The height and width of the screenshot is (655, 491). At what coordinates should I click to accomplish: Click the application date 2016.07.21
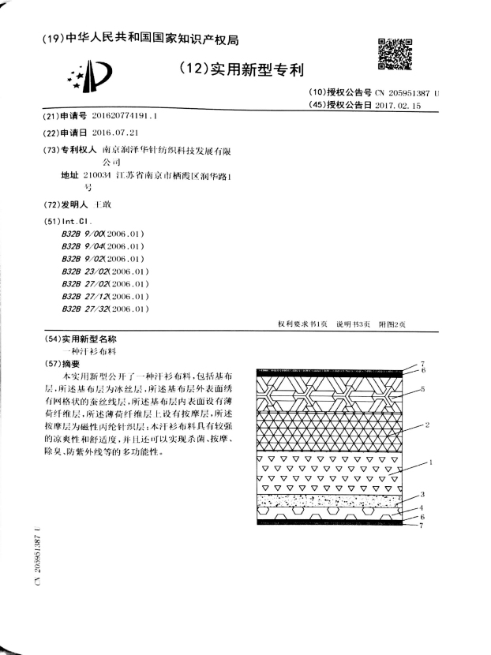click(x=115, y=132)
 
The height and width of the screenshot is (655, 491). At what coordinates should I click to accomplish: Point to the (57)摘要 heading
click(x=61, y=364)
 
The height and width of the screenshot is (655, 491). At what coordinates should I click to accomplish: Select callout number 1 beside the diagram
click(x=431, y=462)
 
